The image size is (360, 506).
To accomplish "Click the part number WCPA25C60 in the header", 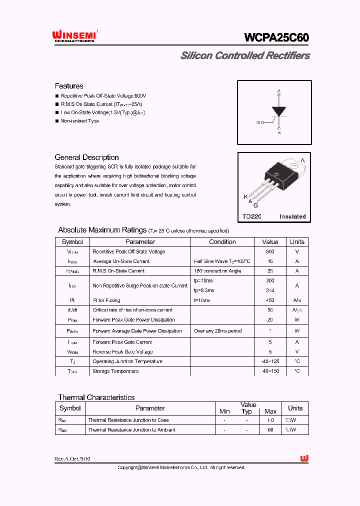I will click(276, 37).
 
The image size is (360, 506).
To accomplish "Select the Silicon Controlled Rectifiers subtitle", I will click(245, 55).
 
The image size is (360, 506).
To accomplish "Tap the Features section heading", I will click(69, 86).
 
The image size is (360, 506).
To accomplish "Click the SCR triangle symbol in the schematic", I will click(278, 111).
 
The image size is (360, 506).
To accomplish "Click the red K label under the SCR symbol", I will click(279, 132).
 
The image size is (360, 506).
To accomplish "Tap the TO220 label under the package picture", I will click(252, 216).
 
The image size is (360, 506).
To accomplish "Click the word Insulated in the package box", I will click(292, 216).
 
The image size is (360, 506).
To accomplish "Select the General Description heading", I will click(86, 157).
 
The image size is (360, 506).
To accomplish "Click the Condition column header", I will click(222, 241).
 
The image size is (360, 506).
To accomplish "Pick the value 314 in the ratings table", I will click(270, 290).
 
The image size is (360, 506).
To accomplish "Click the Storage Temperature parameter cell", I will click(115, 371).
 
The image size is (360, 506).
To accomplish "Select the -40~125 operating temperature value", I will click(270, 361).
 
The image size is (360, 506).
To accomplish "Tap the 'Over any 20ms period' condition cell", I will click(217, 331).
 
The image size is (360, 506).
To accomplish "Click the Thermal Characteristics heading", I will click(96, 397).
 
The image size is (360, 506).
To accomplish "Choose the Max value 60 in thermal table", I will click(270, 429).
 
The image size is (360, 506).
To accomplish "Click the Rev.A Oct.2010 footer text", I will click(72, 458).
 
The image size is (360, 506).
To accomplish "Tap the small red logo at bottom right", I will click(304, 458).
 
